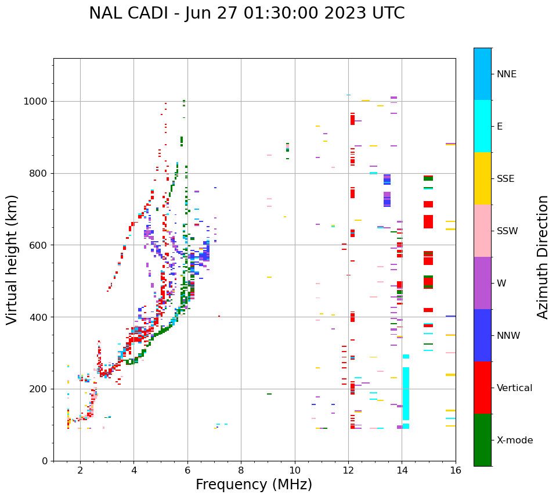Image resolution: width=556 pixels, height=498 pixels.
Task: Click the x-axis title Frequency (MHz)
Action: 254,485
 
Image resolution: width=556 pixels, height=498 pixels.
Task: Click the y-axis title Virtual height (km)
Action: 12,259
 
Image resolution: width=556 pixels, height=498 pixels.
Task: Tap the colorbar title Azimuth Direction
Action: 543,257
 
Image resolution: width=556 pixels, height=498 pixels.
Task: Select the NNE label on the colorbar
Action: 507,74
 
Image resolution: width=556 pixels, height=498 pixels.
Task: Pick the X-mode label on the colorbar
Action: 515,440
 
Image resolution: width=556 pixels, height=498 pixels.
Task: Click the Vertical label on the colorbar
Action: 515,388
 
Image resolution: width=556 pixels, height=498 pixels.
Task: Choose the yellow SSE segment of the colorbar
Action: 482,178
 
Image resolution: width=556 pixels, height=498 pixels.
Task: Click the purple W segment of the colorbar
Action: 482,283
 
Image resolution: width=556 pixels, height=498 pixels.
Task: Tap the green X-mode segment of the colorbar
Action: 482,440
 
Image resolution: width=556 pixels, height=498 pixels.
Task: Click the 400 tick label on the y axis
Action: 40,317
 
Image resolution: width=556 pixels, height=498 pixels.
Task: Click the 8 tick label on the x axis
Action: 241,470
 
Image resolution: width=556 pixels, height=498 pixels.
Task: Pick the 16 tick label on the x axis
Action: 456,470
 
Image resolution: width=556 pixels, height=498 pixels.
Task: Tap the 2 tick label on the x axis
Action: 80,470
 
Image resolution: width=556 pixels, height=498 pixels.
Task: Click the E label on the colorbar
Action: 500,127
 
